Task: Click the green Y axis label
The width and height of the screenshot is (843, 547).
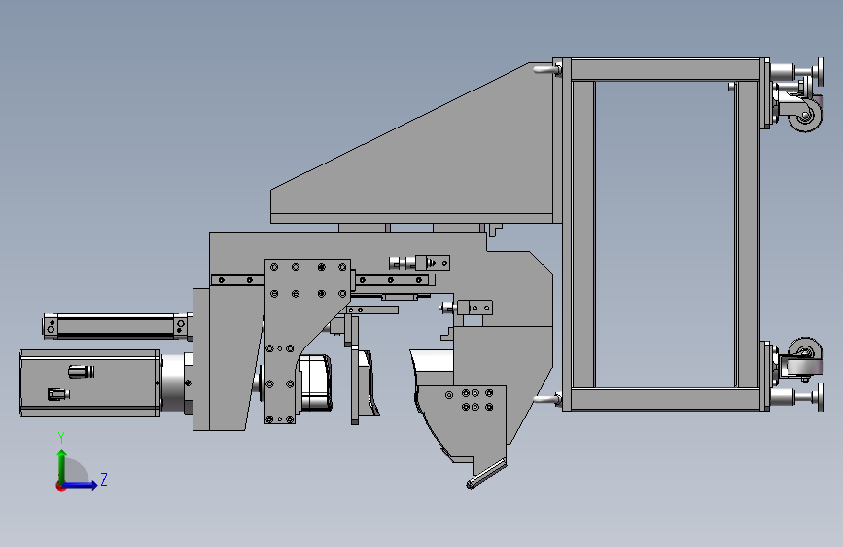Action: pos(61,438)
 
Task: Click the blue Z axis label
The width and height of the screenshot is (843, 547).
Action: pos(104,479)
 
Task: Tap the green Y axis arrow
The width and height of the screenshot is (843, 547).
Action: pos(62,465)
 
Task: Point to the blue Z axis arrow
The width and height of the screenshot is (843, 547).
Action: pos(80,485)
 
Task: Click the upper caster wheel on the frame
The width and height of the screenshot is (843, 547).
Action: pos(805,114)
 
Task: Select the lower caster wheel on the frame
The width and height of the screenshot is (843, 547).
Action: pos(805,352)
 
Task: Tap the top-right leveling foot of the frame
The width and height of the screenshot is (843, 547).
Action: pos(796,71)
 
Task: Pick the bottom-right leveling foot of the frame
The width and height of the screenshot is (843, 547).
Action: pos(796,397)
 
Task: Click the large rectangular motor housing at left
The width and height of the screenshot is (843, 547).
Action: pos(90,383)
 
